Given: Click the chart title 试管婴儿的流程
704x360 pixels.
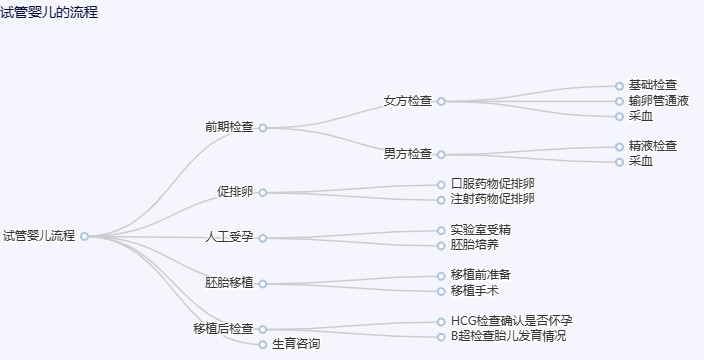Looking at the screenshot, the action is click(49, 12).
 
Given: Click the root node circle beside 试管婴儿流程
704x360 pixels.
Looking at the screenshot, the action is click(84, 237).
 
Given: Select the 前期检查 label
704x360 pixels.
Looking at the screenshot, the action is click(229, 127).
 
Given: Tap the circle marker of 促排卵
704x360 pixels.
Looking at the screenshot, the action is click(263, 193).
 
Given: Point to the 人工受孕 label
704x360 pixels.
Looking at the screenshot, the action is click(229, 237).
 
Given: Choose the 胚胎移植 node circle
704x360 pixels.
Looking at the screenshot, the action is click(263, 284).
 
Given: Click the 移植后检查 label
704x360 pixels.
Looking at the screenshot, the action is click(224, 328).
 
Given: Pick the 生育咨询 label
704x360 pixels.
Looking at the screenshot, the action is click(296, 344).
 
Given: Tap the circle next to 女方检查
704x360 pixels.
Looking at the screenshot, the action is click(441, 101).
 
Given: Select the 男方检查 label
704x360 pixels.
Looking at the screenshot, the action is click(408, 154).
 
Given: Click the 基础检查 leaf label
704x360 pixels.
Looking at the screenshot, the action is click(652, 85).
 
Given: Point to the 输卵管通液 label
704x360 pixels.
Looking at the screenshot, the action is click(659, 101).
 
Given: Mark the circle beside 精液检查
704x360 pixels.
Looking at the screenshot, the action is click(619, 147).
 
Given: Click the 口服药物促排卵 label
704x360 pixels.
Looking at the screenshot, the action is click(493, 184).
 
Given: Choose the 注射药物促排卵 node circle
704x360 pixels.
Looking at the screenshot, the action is click(441, 200).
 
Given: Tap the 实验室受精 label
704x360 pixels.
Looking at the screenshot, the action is click(480, 230).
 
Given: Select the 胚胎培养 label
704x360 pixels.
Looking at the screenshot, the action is click(475, 245).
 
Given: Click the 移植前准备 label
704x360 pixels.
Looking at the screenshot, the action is click(480, 275).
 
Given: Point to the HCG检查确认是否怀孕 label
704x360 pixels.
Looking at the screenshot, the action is click(511, 321).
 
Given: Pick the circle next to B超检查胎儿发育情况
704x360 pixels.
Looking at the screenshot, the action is click(441, 337).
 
